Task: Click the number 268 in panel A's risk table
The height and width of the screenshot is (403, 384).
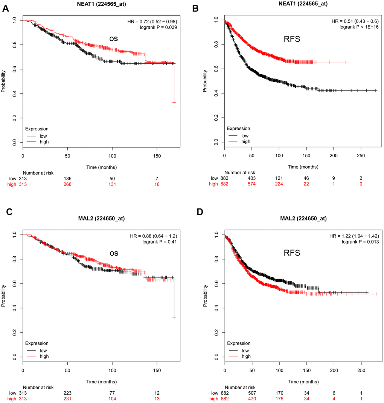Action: coord(68,184)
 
